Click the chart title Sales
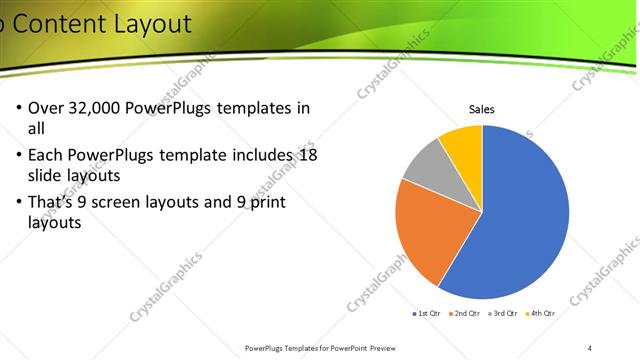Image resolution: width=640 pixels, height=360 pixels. pos(482,110)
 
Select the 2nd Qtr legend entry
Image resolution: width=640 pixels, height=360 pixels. pos(465,313)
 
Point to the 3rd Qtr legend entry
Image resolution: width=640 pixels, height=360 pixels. pos(502,313)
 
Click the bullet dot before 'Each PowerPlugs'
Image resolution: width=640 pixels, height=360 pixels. pos(20,156)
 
